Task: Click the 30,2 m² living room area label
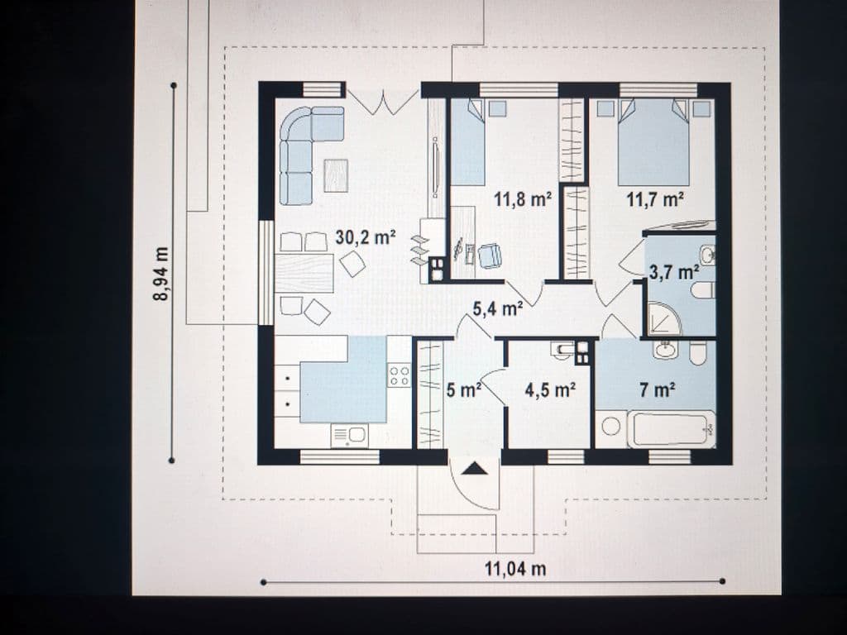pos(366,236)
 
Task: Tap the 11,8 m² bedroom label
pos(523,199)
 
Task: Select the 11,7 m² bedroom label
pos(655,199)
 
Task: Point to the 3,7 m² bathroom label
pos(673,271)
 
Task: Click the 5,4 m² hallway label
pos(497,308)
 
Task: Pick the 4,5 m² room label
pos(550,389)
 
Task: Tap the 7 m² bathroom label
pos(658,389)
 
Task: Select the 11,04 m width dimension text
pos(514,569)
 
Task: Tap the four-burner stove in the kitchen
pos(400,375)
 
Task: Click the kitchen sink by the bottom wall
pos(350,435)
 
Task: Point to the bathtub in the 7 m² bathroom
pos(672,429)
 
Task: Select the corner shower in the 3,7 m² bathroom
pos(664,319)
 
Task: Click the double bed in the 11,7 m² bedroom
pos(653,142)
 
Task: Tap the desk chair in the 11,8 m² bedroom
pos(490,256)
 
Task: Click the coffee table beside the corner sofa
pos(336,175)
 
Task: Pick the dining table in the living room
pos(304,273)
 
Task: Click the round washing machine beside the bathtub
pos(611,427)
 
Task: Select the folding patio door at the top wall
pos(383,103)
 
